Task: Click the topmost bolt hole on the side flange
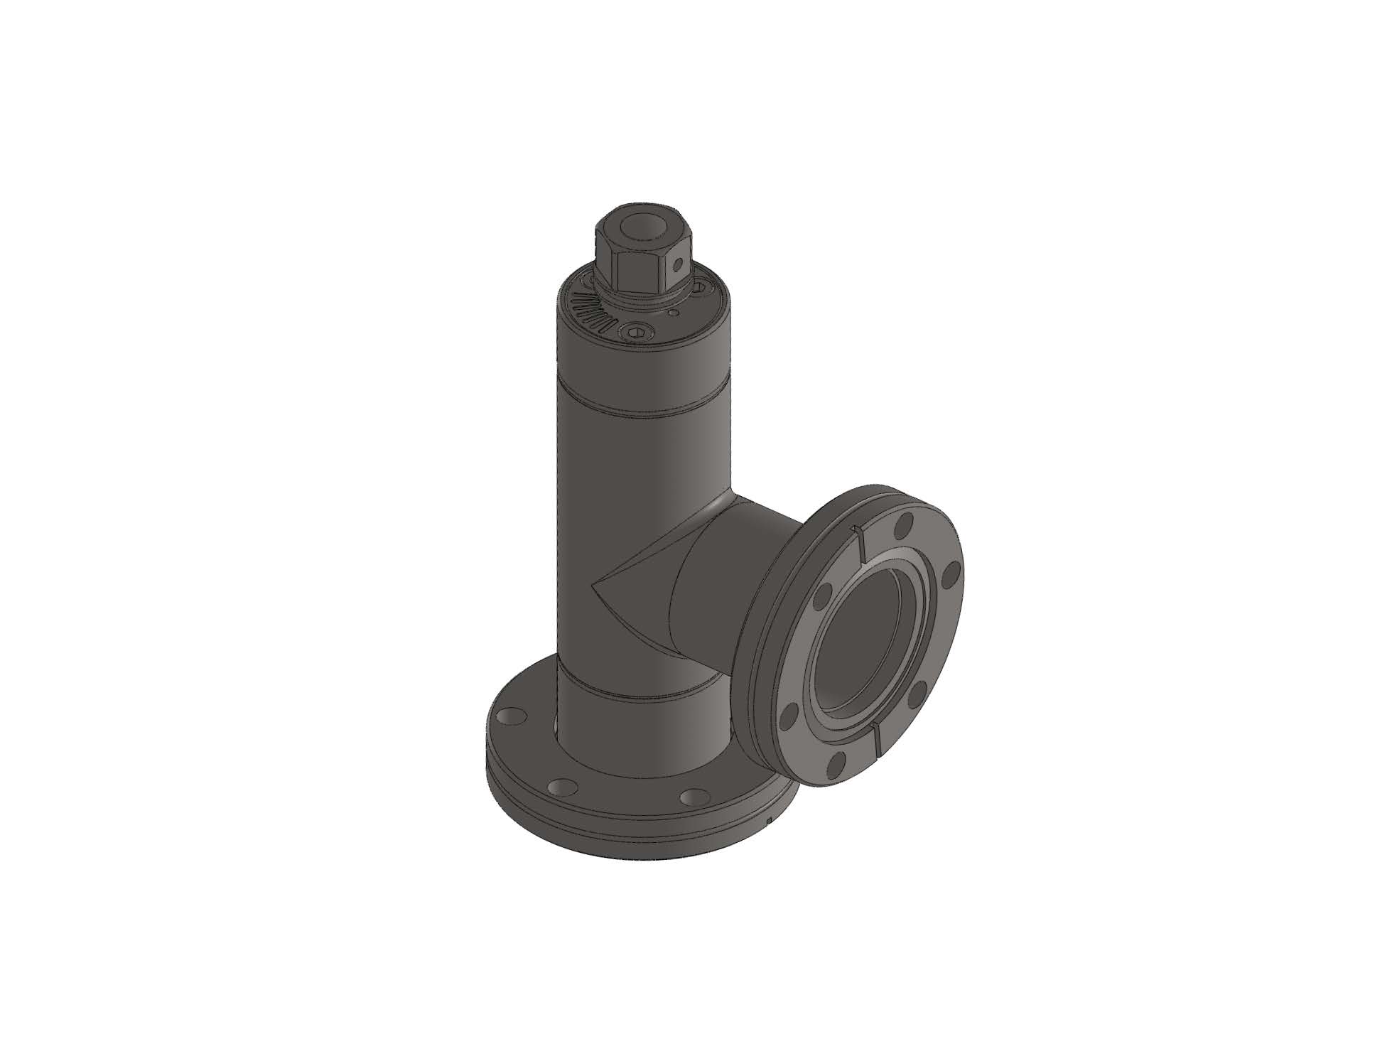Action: pyautogui.click(x=903, y=527)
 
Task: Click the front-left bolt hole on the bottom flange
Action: pyautogui.click(x=563, y=787)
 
